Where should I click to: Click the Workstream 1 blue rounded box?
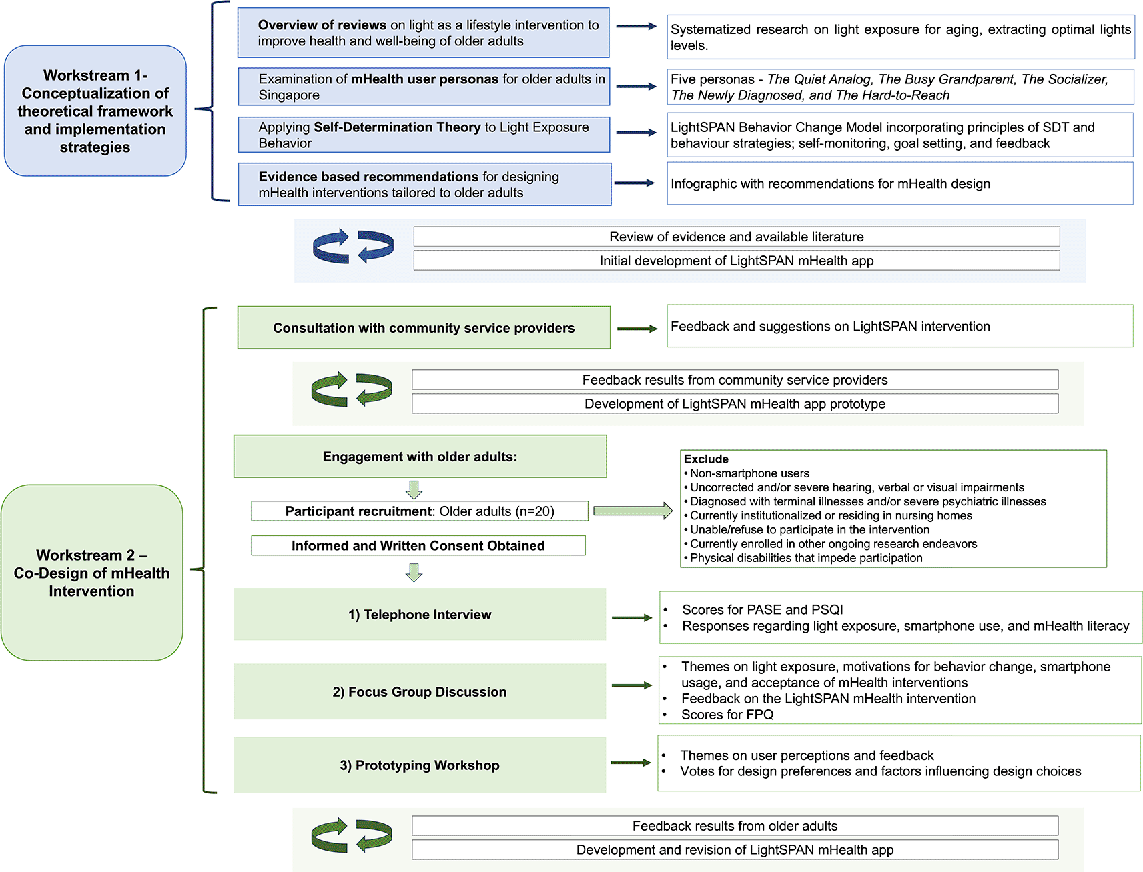pyautogui.click(x=95, y=111)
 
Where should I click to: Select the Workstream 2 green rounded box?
pyautogui.click(x=91, y=572)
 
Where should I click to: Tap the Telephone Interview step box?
pyautogui.click(x=419, y=614)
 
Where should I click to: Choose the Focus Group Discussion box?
pyautogui.click(x=419, y=691)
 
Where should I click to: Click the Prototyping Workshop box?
pyautogui.click(x=419, y=765)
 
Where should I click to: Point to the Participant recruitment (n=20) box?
pyautogui.click(x=419, y=511)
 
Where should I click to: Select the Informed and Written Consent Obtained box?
pyautogui.click(x=418, y=545)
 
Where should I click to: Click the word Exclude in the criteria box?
pyautogui.click(x=706, y=459)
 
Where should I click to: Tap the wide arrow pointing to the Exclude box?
pyautogui.click(x=633, y=511)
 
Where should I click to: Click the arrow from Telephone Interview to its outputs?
pyautogui.click(x=631, y=618)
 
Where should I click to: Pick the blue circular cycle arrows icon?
pyautogui.click(x=353, y=246)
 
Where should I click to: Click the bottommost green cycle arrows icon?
pyautogui.click(x=352, y=835)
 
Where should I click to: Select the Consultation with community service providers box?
pyautogui.click(x=424, y=327)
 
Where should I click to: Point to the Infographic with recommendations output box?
pyautogui.click(x=899, y=183)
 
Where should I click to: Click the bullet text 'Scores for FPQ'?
pyautogui.click(x=727, y=715)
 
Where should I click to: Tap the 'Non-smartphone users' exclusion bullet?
pyautogui.click(x=749, y=473)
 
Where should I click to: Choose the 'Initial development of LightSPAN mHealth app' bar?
pyautogui.click(x=736, y=261)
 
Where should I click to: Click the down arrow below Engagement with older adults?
pyautogui.click(x=414, y=490)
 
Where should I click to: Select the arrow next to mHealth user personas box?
pyautogui.click(x=636, y=87)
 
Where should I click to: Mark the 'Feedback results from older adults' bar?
pyautogui.click(x=735, y=826)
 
